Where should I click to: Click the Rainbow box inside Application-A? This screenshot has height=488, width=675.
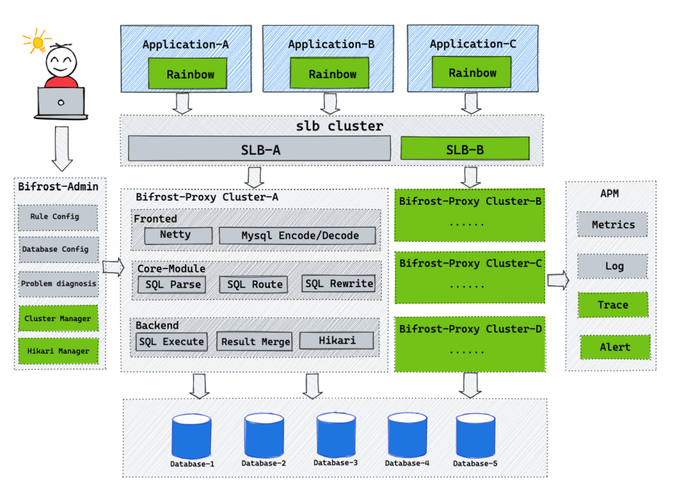190,74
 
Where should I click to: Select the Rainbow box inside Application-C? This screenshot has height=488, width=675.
472,72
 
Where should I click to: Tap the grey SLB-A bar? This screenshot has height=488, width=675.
259,149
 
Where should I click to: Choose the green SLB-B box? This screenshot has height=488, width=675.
465,149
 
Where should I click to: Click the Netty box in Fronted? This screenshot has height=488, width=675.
175,236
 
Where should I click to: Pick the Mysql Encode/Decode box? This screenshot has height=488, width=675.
298,236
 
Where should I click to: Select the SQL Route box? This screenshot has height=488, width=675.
254,284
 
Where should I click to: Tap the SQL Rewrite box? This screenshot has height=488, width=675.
339,283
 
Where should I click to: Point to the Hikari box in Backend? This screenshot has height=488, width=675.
336,340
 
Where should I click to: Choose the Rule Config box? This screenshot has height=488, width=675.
57,217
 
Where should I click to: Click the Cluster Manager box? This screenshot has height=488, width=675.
58,318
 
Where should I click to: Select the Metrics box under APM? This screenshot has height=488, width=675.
612,224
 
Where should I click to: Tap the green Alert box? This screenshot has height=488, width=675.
615,347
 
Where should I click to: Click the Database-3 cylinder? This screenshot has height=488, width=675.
336,436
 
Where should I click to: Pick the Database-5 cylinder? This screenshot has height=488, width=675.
475,436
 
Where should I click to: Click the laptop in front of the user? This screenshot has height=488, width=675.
61,102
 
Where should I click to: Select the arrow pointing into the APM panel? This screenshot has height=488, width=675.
557,279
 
